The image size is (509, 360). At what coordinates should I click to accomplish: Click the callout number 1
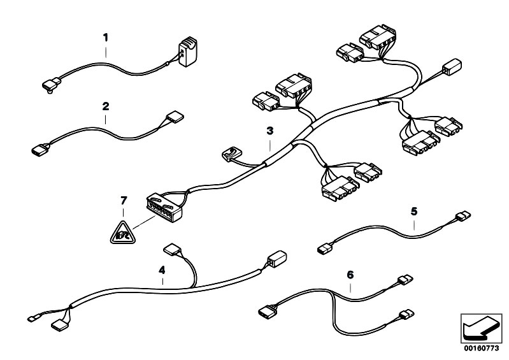(x=106, y=38)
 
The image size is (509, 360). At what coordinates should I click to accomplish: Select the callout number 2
(x=106, y=106)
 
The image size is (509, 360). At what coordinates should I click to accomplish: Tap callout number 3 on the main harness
(x=269, y=131)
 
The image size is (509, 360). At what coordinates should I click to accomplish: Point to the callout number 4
(x=162, y=270)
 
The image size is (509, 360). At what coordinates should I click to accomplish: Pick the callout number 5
(x=414, y=212)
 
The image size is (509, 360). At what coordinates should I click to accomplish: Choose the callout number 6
(x=350, y=275)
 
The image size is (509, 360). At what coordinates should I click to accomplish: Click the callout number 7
(x=124, y=201)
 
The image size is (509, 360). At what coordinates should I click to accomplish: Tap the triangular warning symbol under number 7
(x=122, y=233)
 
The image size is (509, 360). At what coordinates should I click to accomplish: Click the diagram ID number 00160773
(x=481, y=349)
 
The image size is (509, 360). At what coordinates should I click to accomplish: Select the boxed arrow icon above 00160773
(x=482, y=329)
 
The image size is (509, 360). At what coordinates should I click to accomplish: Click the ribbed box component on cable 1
(x=188, y=52)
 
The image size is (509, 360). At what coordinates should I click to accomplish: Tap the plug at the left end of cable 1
(x=52, y=85)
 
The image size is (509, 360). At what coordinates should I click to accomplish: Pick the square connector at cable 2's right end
(x=175, y=117)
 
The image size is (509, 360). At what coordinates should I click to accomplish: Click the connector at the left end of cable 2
(x=41, y=150)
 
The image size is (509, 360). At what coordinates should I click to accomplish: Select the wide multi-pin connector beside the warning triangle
(x=164, y=208)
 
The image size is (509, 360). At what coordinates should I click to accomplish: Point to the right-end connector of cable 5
(x=463, y=216)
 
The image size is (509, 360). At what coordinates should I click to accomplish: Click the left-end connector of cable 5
(x=325, y=250)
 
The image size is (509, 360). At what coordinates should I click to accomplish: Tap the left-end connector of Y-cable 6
(x=267, y=311)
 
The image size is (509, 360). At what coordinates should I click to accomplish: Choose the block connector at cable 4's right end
(x=277, y=259)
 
